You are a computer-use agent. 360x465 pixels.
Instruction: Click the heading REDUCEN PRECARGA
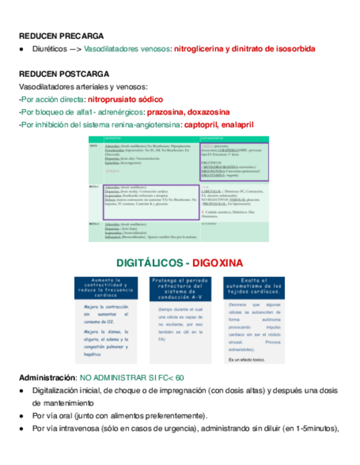click(61, 36)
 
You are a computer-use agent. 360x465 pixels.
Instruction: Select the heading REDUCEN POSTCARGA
click(64, 74)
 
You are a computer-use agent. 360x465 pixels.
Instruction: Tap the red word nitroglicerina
click(199, 49)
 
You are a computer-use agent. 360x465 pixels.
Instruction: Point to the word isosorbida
click(296, 49)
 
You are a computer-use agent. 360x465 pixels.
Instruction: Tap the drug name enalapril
click(237, 124)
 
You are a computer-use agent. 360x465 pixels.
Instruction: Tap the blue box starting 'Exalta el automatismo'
click(254, 288)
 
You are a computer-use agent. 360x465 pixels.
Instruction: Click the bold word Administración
click(47, 378)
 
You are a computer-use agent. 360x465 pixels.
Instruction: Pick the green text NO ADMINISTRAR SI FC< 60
click(132, 378)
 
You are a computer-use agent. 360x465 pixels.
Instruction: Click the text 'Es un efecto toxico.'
click(246, 360)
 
